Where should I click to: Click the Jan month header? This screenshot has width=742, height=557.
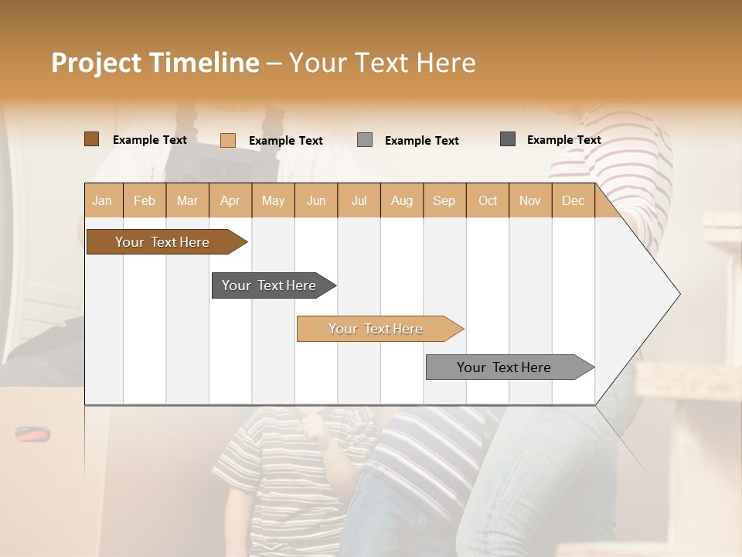click(102, 200)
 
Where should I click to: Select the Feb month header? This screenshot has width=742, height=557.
click(145, 200)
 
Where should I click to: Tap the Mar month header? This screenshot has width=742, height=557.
click(187, 200)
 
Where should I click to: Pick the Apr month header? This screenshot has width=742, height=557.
click(230, 200)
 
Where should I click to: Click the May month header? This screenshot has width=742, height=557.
click(273, 200)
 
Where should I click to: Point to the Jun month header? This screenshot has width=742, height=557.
click(316, 200)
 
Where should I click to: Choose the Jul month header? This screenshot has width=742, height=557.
click(359, 200)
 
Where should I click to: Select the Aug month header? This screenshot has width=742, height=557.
click(402, 200)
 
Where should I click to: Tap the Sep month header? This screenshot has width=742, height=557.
click(444, 200)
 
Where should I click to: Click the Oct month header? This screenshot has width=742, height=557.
click(488, 200)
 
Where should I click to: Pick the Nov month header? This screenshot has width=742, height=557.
click(530, 200)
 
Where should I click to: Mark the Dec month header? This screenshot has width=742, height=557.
click(574, 200)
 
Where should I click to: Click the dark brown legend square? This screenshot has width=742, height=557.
click(92, 139)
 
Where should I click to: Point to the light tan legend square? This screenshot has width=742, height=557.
click(228, 140)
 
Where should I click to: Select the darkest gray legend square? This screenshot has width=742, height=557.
click(508, 139)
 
